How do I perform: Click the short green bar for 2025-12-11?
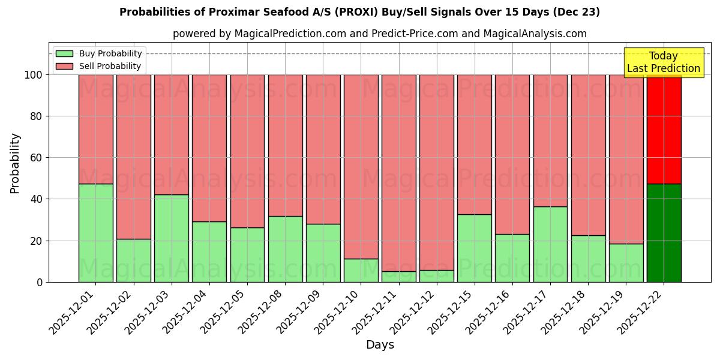tap(398, 277)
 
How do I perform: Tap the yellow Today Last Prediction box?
tap(663, 62)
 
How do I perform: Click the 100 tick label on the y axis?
tap(34, 75)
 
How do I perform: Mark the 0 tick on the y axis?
tap(40, 282)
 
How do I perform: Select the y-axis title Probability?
tap(15, 163)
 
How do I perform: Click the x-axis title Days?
tap(380, 345)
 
